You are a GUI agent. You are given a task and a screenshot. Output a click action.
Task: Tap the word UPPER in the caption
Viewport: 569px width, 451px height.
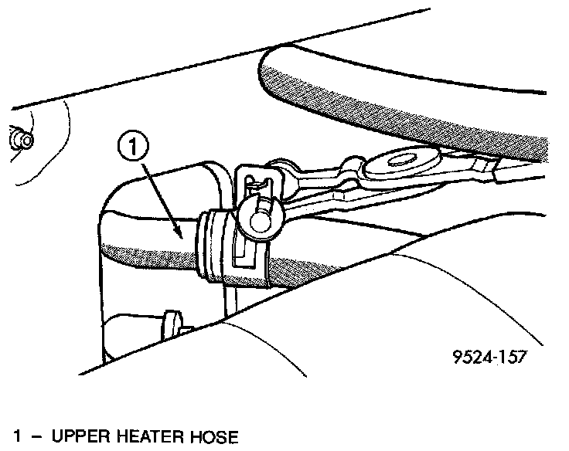(x=80, y=437)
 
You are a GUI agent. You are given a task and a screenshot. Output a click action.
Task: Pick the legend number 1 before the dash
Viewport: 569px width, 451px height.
(x=10, y=437)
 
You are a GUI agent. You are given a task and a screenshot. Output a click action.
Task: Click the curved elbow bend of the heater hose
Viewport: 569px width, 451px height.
(x=116, y=209)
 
